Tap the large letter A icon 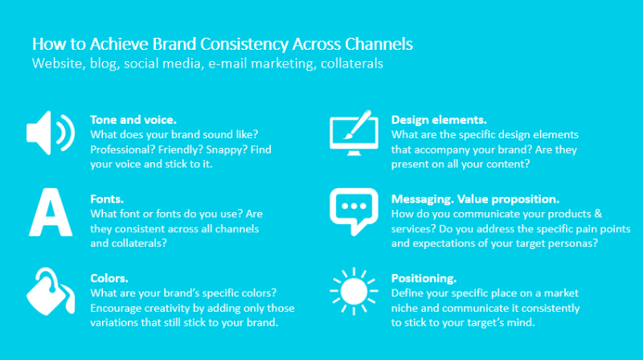pyautogui.click(x=51, y=213)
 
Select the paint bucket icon pyautogui.click(x=50, y=292)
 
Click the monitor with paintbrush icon pyautogui.click(x=354, y=133)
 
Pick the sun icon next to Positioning pyautogui.click(x=354, y=291)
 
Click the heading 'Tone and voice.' pyautogui.click(x=133, y=120)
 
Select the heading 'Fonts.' pyautogui.click(x=107, y=198)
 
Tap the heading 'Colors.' pyautogui.click(x=109, y=278)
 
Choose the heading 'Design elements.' pyautogui.click(x=439, y=120)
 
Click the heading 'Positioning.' pyautogui.click(x=424, y=278)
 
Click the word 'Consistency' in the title pyautogui.click(x=244, y=44)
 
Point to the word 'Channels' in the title pyautogui.click(x=379, y=44)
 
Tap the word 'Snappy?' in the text pyautogui.click(x=227, y=149)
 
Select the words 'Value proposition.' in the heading pyautogui.click(x=508, y=199)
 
